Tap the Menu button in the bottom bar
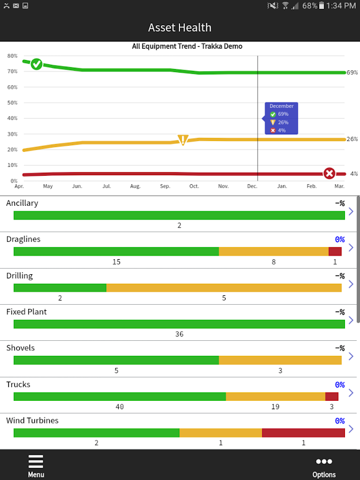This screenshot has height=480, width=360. coord(36,466)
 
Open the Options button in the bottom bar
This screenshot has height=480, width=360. coord(324,466)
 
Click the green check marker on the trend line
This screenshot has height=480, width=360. coord(37,64)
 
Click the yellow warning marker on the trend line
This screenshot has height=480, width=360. coord(183,140)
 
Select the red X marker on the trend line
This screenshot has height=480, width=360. coord(329,173)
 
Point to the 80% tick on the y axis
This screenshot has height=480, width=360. coord(12,56)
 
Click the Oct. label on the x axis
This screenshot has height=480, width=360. coord(194,187)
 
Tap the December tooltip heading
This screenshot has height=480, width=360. coord(281,106)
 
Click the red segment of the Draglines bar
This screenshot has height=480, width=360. coord(335,251)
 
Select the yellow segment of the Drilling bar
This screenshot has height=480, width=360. coord(224,287)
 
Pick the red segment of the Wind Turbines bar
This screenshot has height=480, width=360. coord(303,433)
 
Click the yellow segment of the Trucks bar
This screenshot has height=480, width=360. coord(275,396)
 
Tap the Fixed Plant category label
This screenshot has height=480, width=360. coord(26,312)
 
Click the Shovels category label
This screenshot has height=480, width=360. coord(20,348)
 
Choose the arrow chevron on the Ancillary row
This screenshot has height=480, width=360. coord(351,211)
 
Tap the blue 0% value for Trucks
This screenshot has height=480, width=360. coord(340,385)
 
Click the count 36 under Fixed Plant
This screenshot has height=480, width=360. coord(179,334)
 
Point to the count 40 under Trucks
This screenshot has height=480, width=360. coord(119,407)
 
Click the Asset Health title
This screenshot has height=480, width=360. coord(180,28)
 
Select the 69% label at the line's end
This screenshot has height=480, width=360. coord(352,73)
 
